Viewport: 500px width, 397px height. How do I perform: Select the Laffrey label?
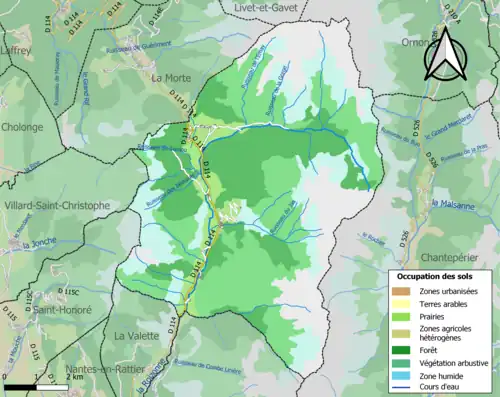(x=16, y=47)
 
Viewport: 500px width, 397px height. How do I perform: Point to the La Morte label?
(x=171, y=77)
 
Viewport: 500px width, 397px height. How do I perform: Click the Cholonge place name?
(x=22, y=127)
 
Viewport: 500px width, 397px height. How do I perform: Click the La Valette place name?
(x=136, y=335)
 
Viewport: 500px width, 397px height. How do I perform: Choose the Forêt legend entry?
(x=436, y=351)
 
